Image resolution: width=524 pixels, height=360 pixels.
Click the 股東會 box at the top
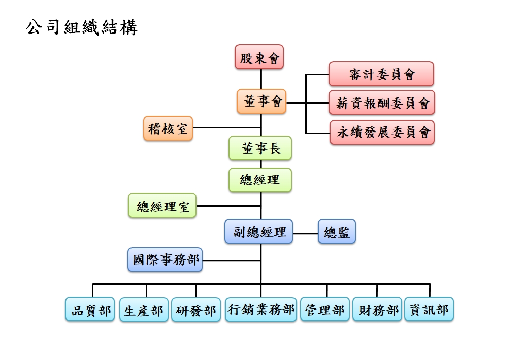[259, 57]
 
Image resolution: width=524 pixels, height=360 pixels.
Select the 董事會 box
[261, 102]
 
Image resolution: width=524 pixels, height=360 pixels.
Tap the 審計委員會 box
[381, 74]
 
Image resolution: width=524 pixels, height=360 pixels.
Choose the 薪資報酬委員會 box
[382, 103]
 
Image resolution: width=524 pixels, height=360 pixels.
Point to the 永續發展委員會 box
[382, 133]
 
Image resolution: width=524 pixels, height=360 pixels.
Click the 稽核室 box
[168, 128]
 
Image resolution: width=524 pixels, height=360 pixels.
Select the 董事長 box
[260, 148]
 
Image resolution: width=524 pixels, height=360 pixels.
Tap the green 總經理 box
[260, 180]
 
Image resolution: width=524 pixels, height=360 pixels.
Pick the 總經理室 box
[162, 206]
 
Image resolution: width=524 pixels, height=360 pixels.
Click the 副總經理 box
[259, 232]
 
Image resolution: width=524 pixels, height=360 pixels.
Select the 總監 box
[337, 232]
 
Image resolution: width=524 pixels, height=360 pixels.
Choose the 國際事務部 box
[165, 260]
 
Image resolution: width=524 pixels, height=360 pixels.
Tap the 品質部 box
[90, 310]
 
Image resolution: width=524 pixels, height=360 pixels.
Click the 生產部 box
[144, 310]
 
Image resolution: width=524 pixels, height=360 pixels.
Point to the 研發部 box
[196, 310]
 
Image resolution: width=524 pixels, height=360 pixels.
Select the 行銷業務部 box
[261, 310]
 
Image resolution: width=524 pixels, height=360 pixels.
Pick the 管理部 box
[325, 310]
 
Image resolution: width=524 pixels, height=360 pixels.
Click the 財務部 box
[377, 310]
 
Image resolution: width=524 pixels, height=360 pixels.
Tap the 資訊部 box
[429, 310]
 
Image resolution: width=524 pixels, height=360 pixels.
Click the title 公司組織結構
[81, 27]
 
